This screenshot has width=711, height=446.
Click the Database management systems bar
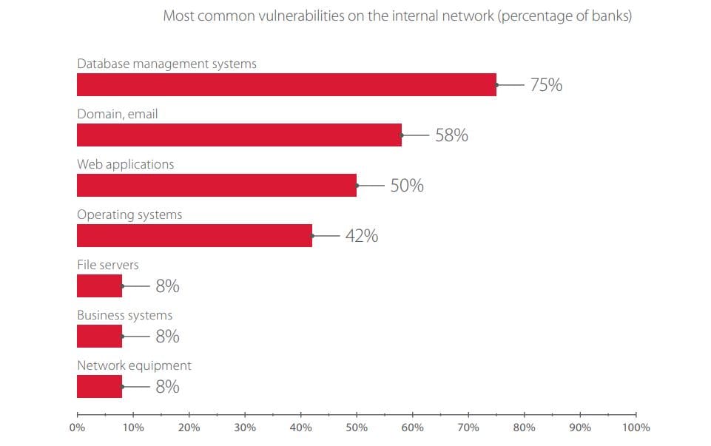click(x=286, y=84)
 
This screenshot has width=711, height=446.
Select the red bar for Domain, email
click(x=239, y=135)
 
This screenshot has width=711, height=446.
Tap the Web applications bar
click(x=216, y=185)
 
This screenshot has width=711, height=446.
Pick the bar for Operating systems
click(x=194, y=235)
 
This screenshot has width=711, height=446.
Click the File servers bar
click(x=99, y=285)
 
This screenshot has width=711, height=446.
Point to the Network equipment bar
click(x=99, y=386)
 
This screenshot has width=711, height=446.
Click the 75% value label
click(x=546, y=85)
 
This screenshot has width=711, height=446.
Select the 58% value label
click(x=451, y=135)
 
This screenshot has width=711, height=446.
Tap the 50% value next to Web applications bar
click(x=407, y=186)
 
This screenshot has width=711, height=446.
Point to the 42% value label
click(x=362, y=236)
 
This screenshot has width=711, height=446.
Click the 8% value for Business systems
click(x=167, y=337)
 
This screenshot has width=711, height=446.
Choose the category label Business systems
click(x=124, y=315)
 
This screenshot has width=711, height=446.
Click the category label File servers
click(x=108, y=265)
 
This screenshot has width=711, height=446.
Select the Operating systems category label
click(x=129, y=214)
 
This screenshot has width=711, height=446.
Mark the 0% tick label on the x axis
click(x=77, y=428)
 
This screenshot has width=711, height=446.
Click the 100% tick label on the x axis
click(x=636, y=428)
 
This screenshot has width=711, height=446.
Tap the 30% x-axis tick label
click(x=245, y=428)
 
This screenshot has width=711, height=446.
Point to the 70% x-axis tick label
click(x=468, y=428)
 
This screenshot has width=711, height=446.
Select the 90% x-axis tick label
click(x=580, y=428)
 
